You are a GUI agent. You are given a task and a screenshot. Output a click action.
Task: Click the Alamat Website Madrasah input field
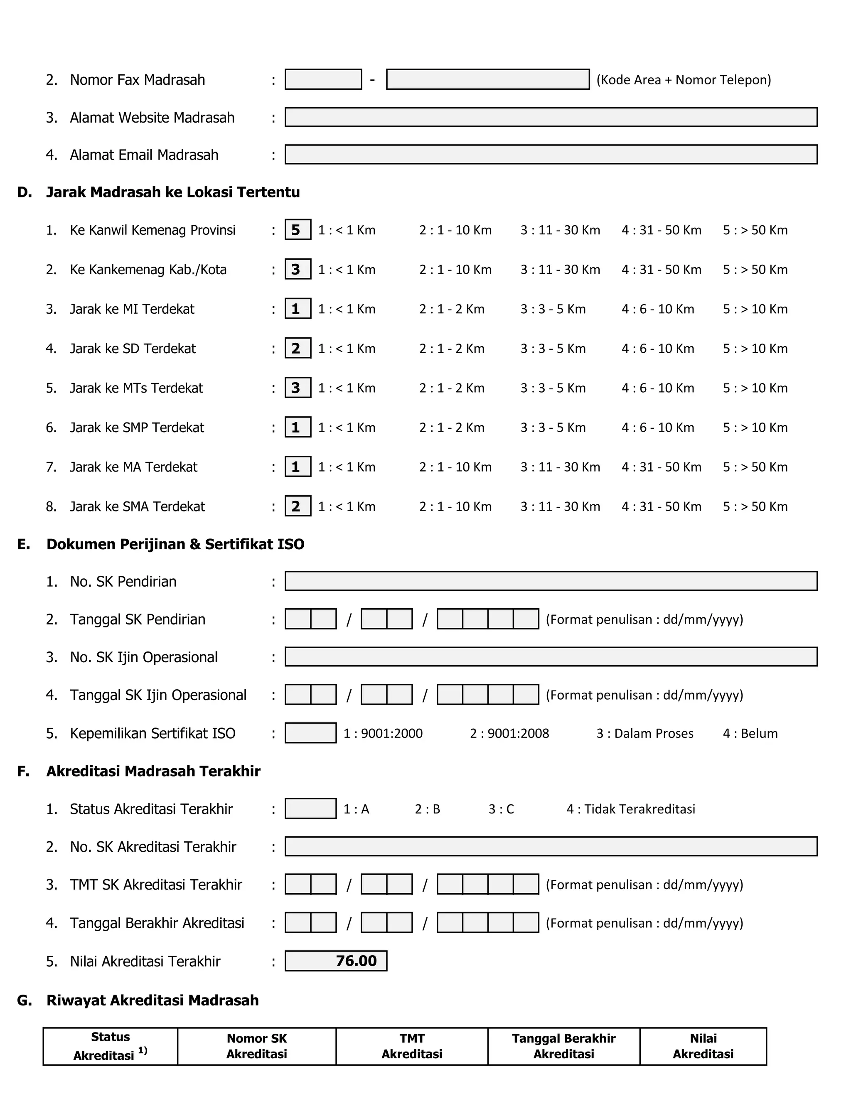click(551, 117)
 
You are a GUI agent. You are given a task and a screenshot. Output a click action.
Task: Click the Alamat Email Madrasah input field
click(551, 154)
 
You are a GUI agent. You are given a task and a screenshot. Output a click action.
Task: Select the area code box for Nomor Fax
click(323, 79)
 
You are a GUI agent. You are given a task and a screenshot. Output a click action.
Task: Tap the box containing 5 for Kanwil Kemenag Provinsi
click(298, 230)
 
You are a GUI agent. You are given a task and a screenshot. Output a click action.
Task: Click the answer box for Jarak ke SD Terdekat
click(298, 348)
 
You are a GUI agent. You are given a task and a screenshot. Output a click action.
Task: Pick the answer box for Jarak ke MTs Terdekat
click(298, 388)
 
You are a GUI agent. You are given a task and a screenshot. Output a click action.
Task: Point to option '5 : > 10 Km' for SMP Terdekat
click(755, 428)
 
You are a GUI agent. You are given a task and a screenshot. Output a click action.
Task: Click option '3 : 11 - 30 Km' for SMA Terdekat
click(560, 506)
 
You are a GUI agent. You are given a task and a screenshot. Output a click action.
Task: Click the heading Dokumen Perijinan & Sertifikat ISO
click(175, 544)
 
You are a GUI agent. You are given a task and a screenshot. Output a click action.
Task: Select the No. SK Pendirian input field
click(551, 581)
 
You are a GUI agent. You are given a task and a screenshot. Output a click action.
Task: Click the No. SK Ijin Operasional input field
click(551, 656)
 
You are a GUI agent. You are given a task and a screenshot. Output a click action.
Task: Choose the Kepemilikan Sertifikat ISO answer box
click(310, 732)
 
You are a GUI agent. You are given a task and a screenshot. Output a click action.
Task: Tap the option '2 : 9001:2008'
click(509, 733)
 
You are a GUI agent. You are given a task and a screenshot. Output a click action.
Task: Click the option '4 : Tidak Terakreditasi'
click(630, 809)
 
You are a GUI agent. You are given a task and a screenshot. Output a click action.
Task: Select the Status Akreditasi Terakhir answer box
click(310, 808)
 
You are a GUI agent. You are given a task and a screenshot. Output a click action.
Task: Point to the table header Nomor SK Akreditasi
click(257, 1046)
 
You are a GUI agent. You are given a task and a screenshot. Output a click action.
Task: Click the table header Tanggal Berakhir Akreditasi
click(563, 1046)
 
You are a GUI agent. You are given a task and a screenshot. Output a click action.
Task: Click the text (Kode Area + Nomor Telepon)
click(684, 80)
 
